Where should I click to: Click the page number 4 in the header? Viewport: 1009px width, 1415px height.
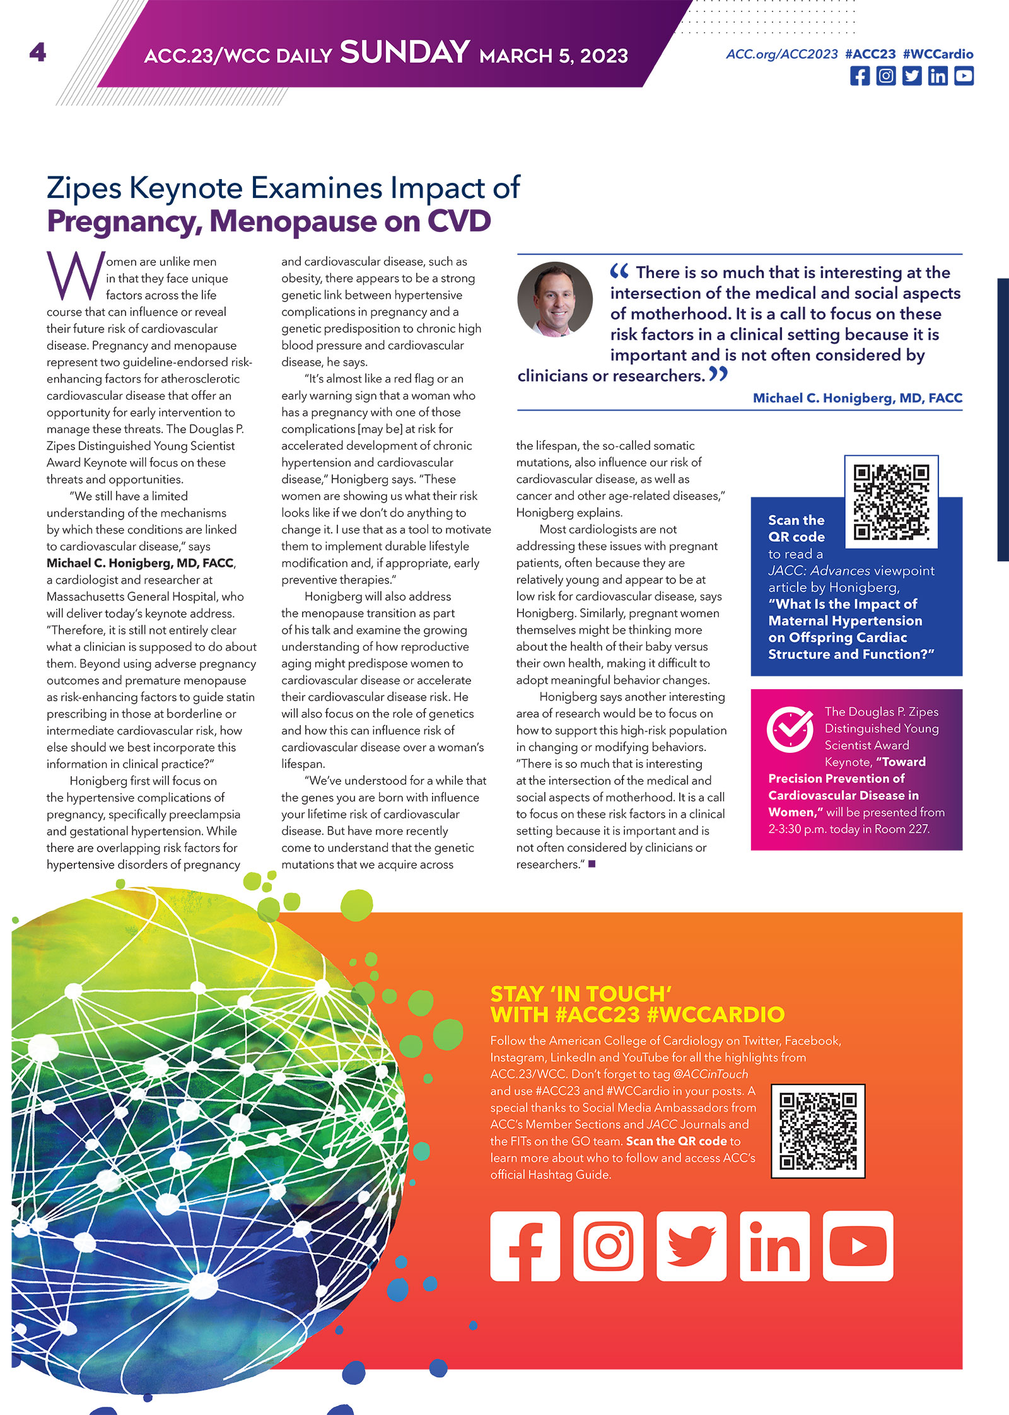click(x=38, y=52)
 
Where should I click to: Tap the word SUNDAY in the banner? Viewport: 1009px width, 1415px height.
click(x=405, y=52)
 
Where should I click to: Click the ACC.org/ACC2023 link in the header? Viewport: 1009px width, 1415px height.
click(x=782, y=54)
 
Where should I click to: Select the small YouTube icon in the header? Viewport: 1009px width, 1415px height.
click(x=964, y=76)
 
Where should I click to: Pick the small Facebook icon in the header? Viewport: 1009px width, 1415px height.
click(x=860, y=76)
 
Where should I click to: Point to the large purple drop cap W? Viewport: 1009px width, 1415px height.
click(x=74, y=276)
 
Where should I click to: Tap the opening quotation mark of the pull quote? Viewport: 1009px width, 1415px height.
click(x=619, y=272)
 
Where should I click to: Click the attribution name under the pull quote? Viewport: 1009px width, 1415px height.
click(x=857, y=398)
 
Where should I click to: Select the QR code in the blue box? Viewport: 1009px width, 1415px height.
click(x=891, y=502)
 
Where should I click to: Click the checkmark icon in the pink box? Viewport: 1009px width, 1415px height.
click(x=790, y=730)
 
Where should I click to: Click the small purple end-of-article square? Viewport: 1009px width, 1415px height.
click(x=592, y=864)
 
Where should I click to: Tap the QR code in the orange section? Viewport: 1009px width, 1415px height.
click(x=818, y=1131)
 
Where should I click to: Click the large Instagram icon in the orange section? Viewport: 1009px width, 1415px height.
click(x=608, y=1246)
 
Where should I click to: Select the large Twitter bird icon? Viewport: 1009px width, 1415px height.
click(x=691, y=1246)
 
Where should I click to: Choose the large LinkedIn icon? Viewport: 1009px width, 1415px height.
click(x=774, y=1246)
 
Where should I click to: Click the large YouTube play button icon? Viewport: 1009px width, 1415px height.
click(x=858, y=1246)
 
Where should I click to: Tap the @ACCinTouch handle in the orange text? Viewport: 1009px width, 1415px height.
click(x=710, y=1074)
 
